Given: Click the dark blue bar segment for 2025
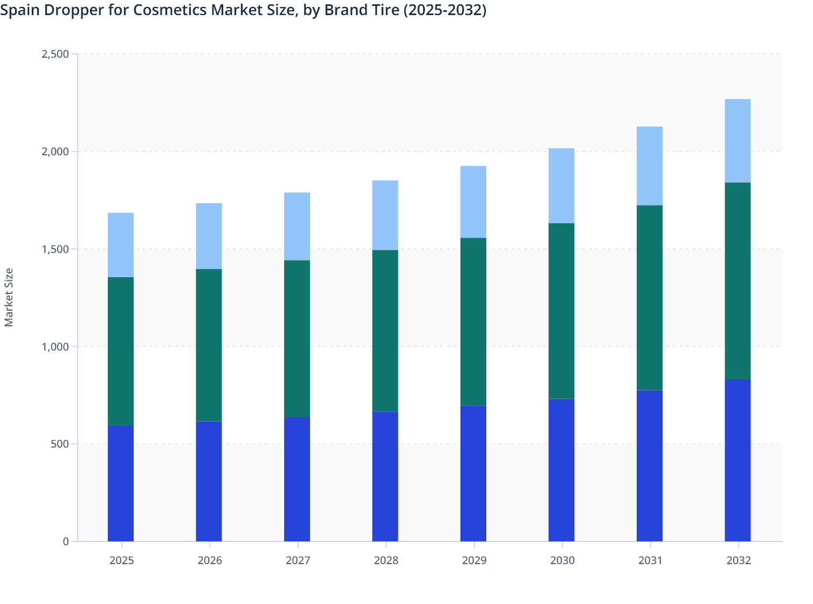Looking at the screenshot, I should (121, 483).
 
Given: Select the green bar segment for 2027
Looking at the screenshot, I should (297, 339).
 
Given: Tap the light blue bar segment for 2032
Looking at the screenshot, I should (738, 141).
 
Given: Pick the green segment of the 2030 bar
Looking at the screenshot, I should (561, 311).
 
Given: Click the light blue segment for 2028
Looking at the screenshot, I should (385, 215).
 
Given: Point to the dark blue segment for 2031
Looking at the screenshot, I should (650, 465).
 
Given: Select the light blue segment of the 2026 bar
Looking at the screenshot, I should (209, 236).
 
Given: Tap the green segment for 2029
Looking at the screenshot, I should (473, 322).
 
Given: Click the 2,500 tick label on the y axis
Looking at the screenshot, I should (55, 54).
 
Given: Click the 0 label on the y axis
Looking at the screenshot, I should (66, 541).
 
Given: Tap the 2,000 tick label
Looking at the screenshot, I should (55, 152).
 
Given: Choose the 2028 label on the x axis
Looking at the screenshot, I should (386, 560).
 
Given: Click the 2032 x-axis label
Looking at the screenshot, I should (739, 560).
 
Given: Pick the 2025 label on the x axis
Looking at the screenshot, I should (122, 560).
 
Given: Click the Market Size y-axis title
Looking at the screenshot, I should (9, 297).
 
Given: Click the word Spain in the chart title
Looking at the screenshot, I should (19, 10).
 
